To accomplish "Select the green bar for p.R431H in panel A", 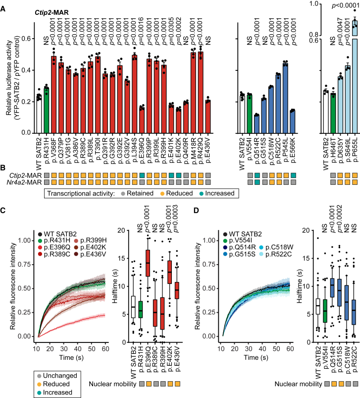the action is [x=46, y=111].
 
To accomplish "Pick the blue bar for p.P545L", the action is [x=285, y=98].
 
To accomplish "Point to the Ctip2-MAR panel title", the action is [x=51, y=12].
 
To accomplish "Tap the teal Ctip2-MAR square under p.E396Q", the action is [x=142, y=175].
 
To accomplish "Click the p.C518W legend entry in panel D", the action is [x=276, y=247].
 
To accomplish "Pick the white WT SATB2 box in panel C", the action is [x=133, y=307].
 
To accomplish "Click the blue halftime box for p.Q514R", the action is [x=332, y=287].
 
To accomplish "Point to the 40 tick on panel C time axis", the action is [x=78, y=348].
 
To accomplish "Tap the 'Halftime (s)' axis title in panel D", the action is [x=300, y=286].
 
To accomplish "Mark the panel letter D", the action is [x=196, y=211].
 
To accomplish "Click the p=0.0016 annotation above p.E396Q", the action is [x=142, y=31].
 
